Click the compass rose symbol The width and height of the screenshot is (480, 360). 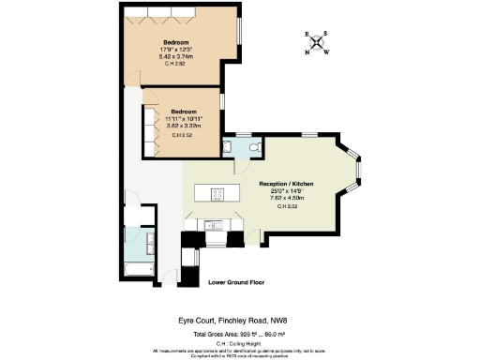tap(317, 42)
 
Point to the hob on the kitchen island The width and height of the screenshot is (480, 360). tap(215, 195)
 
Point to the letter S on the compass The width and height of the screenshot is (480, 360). tap(323, 35)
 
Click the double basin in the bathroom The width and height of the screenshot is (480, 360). tap(151, 246)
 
